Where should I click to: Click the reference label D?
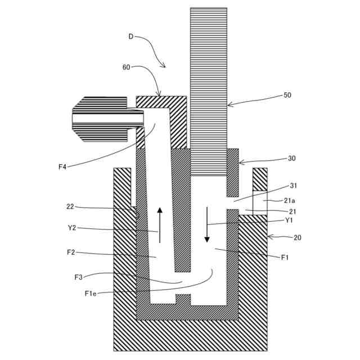[x=131, y=37]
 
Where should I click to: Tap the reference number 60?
[x=127, y=67]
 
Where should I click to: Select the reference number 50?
[x=287, y=96]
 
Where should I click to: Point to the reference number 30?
[x=291, y=159]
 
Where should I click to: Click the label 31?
[x=293, y=186]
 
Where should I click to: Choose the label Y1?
[x=289, y=220]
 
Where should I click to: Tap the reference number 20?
[x=297, y=237]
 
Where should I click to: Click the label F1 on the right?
[x=285, y=257]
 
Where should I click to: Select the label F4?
[x=62, y=166]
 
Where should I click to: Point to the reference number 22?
[x=70, y=206]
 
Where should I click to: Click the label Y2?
[x=71, y=228]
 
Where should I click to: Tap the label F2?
[x=71, y=253]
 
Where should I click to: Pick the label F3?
[x=79, y=277]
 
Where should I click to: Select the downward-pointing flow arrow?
[x=206, y=224]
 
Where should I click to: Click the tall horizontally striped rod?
[x=209, y=90]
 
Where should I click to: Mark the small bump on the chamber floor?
[x=183, y=299]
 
